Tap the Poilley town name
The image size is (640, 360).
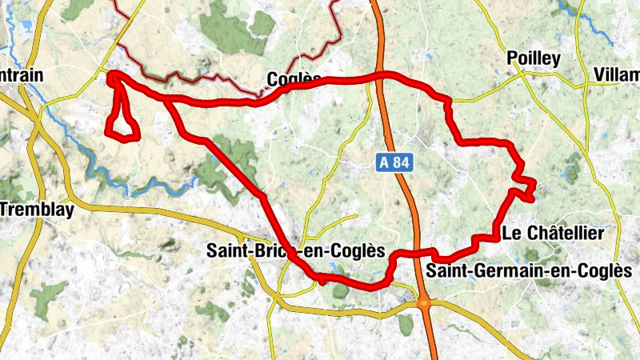pyautogui.click(x=534, y=58)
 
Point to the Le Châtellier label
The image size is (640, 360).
pyautogui.click(x=551, y=234)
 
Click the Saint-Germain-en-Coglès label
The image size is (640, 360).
pyautogui.click(x=529, y=271)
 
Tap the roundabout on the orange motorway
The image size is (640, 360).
pyautogui.click(x=423, y=303)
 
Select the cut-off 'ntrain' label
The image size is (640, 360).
pyautogui.click(x=22, y=74)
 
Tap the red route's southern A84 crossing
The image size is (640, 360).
pyautogui.click(x=418, y=253)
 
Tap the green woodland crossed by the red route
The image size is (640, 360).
pyautogui.click(x=232, y=156)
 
